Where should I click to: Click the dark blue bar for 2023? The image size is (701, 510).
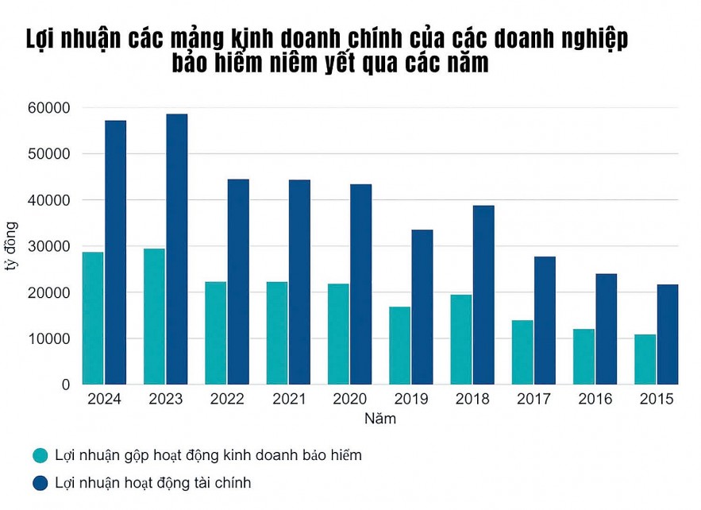click(177, 249)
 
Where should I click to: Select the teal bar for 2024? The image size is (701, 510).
click(93, 318)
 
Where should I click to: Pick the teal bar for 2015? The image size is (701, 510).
click(645, 359)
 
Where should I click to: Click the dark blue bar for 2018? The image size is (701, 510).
click(483, 295)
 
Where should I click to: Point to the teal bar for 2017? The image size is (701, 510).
click(522, 352)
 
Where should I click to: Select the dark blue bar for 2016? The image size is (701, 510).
click(607, 329)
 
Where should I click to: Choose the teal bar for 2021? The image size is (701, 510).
click(277, 333)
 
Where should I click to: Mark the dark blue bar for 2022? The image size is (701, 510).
click(238, 282)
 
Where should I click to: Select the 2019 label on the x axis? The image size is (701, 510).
click(410, 400)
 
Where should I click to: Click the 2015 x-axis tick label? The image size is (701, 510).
click(656, 400)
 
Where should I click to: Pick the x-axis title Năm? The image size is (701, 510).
click(380, 419)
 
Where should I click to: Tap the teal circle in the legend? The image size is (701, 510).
click(40, 456)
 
